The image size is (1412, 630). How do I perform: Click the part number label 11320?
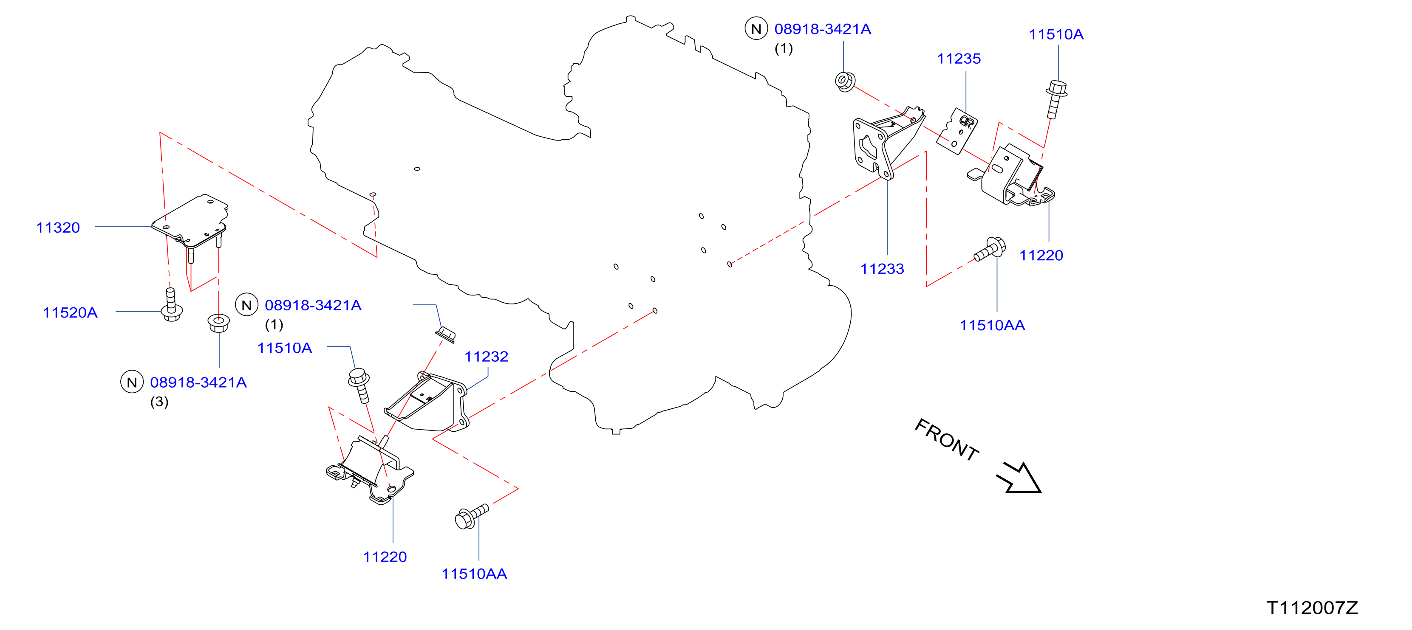point(58,228)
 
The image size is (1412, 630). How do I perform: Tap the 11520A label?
point(70,312)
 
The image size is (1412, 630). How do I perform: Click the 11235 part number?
point(959,59)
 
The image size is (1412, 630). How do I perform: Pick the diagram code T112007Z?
point(1312,607)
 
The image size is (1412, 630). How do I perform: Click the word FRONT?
point(947,440)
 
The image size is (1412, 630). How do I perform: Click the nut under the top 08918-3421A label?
point(845,82)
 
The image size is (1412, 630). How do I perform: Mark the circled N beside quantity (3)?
point(132,382)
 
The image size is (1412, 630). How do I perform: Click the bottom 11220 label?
point(385,557)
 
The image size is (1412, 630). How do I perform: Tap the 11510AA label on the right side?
point(992,326)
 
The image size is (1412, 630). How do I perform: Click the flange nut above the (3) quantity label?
point(219,323)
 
